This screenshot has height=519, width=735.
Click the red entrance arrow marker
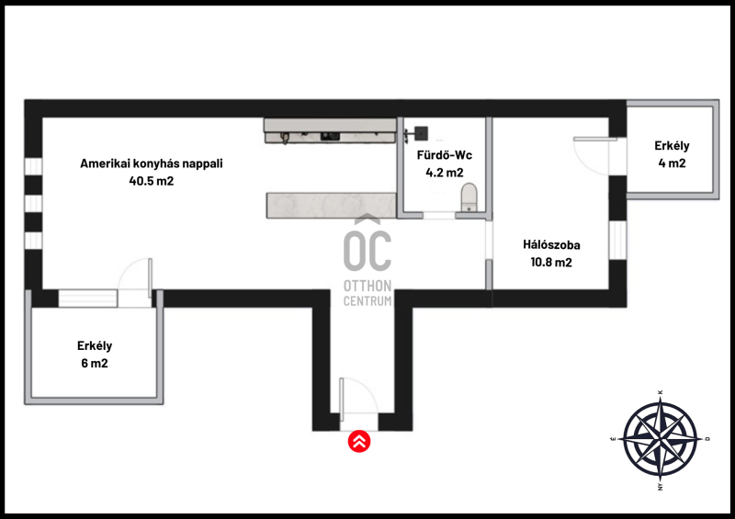(x=359, y=441)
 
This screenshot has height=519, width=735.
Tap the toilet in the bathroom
(x=469, y=197)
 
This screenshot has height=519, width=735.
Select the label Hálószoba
(x=551, y=244)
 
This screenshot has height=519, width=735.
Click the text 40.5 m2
(x=152, y=181)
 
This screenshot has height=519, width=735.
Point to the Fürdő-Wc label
(x=445, y=155)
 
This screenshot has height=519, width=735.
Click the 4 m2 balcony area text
(x=672, y=164)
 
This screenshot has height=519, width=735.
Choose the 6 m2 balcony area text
(x=95, y=364)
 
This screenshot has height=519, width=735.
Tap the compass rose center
(x=660, y=439)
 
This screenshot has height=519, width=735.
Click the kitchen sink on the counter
(x=330, y=137)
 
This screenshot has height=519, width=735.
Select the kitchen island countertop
(x=332, y=206)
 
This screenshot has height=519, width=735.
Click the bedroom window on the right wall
(x=617, y=240)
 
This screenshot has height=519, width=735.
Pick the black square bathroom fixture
(x=422, y=133)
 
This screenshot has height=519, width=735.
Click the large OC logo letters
(x=367, y=251)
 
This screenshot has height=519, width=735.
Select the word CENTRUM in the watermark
(x=367, y=301)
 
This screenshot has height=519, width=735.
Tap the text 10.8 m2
(x=551, y=262)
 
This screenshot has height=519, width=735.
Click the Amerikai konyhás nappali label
(x=152, y=164)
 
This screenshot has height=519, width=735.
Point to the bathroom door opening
(x=439, y=215)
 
